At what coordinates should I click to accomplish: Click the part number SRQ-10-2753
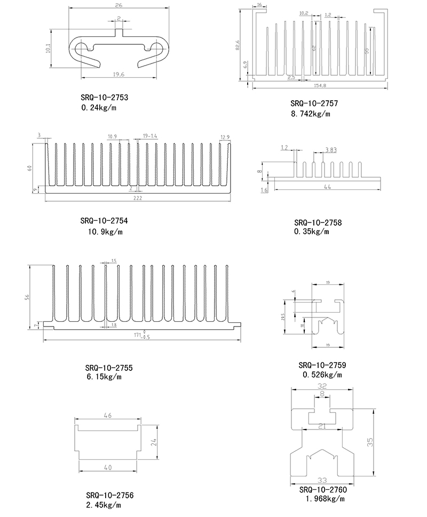coord(105,98)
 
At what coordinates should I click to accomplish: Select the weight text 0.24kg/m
coord(99,108)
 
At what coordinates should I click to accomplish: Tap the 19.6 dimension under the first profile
coord(118,74)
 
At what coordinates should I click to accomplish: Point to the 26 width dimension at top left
coord(118,6)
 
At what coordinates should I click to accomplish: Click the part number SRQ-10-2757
coord(314,103)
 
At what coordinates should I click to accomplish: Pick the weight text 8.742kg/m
coord(311,114)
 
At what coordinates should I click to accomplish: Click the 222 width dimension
coord(138,198)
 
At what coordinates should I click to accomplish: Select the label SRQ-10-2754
coord(104,221)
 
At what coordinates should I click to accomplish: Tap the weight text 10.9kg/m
coord(106,232)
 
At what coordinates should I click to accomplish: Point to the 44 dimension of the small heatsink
coord(327,186)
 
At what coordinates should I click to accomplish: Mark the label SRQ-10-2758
coord(318,222)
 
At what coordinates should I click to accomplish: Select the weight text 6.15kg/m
coord(104,377)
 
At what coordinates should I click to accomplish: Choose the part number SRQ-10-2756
coord(109,496)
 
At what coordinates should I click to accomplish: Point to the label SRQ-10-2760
coord(323,490)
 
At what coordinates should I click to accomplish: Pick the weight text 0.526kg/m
coord(322,375)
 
